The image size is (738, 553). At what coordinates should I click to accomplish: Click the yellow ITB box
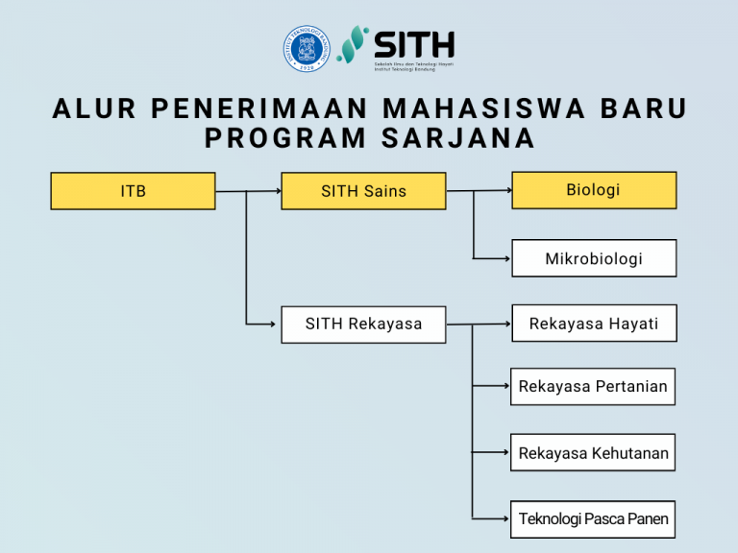pyautogui.click(x=133, y=191)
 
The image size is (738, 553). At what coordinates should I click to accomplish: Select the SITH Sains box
pyautogui.click(x=363, y=191)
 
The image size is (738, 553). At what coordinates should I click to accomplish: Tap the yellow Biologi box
pyautogui.click(x=593, y=190)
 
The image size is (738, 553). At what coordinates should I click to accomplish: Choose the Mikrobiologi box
pyautogui.click(x=593, y=258)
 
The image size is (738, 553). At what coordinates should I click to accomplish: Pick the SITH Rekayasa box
pyautogui.click(x=363, y=324)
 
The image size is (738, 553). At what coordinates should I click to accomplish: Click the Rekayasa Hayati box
pyautogui.click(x=593, y=324)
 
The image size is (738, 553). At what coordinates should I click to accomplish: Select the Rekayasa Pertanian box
pyautogui.click(x=593, y=386)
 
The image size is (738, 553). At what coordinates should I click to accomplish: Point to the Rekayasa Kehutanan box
pyautogui.click(x=593, y=453)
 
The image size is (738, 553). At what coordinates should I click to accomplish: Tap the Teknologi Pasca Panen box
pyautogui.click(x=593, y=519)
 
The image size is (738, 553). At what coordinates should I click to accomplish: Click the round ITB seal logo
pyautogui.click(x=305, y=47)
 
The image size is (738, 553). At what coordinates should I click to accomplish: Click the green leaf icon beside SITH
pyautogui.click(x=353, y=45)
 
